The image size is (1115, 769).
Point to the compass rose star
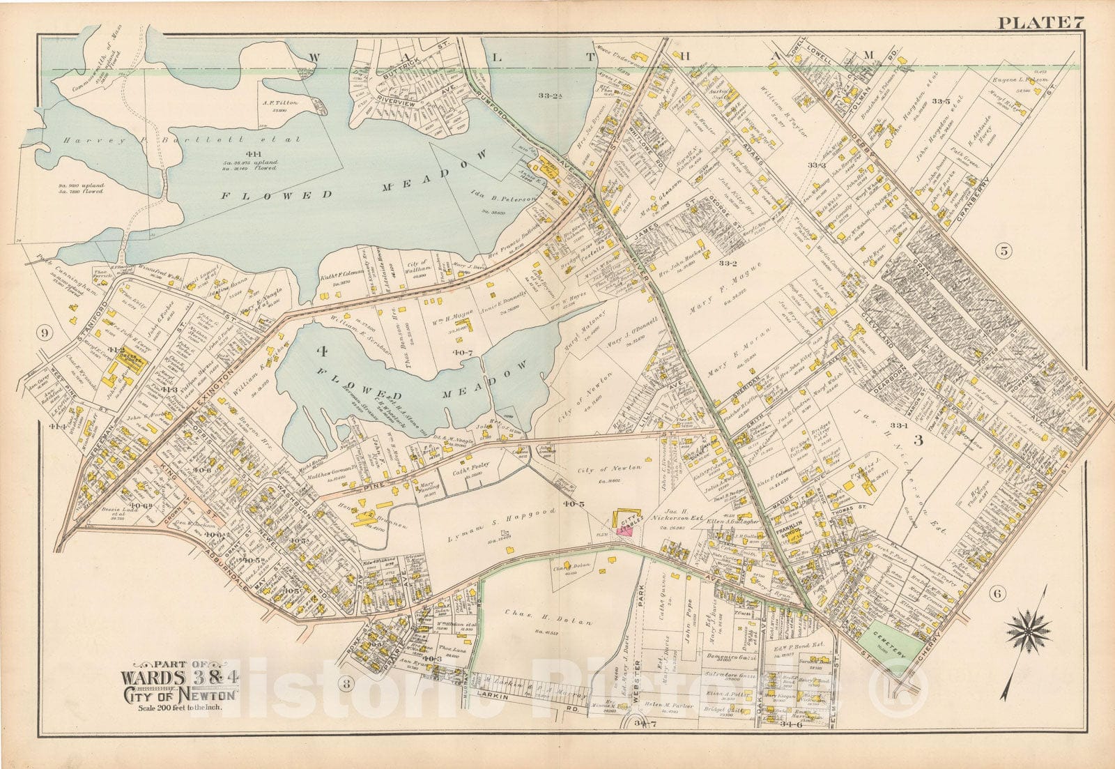point(1027,631)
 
